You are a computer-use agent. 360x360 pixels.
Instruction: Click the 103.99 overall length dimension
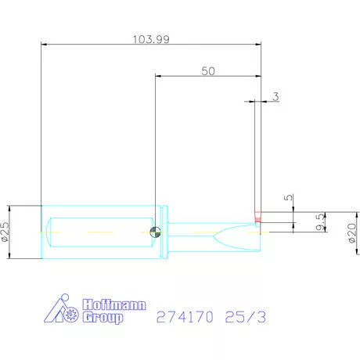tap(151, 39)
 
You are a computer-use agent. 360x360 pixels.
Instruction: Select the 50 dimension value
tap(208, 71)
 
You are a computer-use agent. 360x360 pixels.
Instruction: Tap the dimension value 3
tap(275, 96)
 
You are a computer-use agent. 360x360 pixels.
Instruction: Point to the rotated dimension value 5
tap(288, 197)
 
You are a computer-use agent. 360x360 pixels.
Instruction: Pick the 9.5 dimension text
tap(320, 222)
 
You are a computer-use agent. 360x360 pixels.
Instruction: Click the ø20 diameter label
tap(352, 232)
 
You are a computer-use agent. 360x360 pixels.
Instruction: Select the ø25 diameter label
tap(5, 232)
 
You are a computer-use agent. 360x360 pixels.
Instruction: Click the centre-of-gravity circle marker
tap(155, 232)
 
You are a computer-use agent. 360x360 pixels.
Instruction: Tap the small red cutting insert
tap(257, 217)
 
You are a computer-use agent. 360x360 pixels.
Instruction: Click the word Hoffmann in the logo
tap(114, 304)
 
